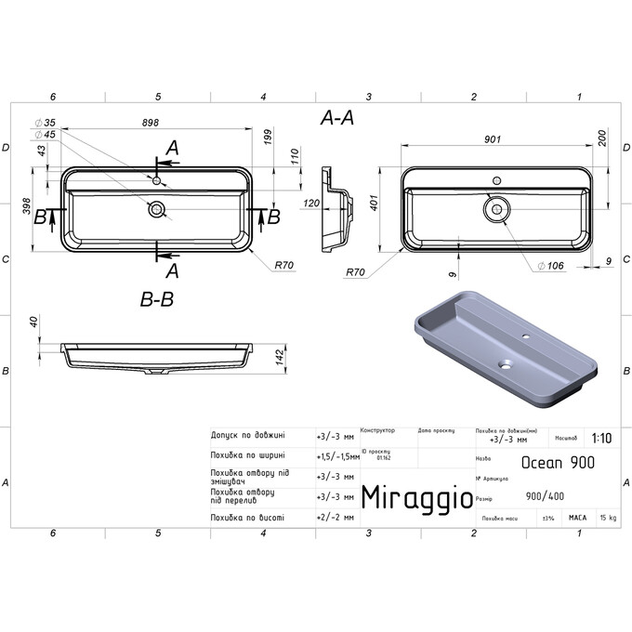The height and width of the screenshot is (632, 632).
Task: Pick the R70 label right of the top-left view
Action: [283, 265]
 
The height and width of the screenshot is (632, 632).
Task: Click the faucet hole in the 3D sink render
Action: [526, 336]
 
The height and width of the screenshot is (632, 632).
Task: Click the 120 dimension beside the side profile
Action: [312, 203]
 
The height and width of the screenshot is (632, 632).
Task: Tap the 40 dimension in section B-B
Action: [33, 322]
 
